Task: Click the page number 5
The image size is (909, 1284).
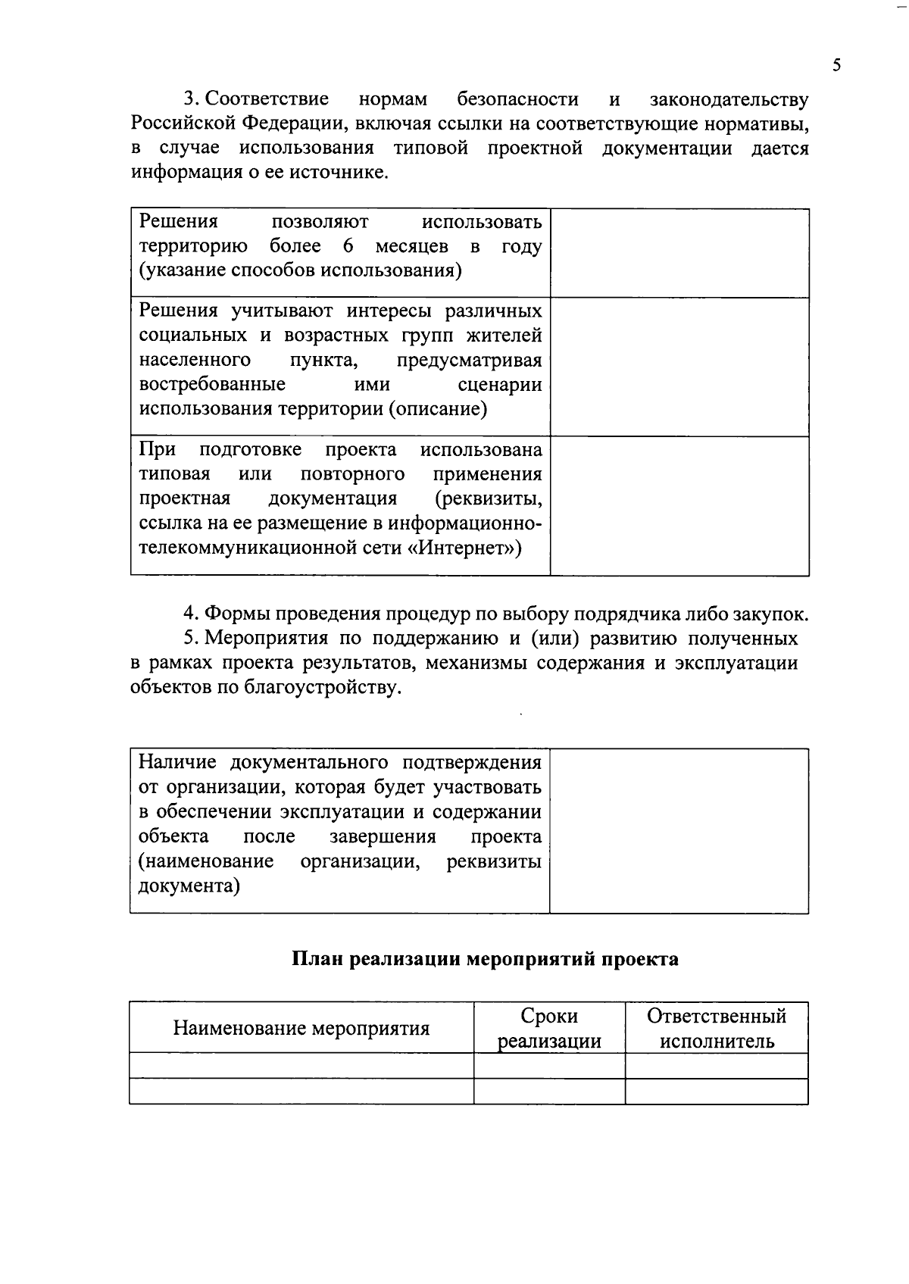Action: pos(836,65)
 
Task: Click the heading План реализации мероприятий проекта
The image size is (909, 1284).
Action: pos(485,960)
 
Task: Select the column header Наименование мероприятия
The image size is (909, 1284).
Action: pos(301,1029)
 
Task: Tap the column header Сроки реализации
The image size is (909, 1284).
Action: pos(549,1029)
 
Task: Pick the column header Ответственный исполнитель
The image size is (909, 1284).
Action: pos(717,1029)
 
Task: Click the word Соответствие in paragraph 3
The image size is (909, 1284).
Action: pos(267,99)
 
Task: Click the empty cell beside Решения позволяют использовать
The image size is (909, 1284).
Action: pos(679,253)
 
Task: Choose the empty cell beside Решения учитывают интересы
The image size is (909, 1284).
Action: pos(679,367)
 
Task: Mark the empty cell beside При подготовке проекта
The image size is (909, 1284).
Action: pos(679,506)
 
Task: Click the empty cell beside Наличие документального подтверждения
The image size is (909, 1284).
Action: pos(679,831)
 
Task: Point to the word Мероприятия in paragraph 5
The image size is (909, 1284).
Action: pos(265,639)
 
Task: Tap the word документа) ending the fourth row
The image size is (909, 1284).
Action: pos(189,886)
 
